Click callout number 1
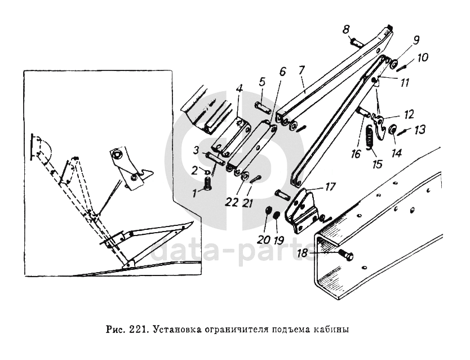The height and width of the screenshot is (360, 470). tap(196, 192)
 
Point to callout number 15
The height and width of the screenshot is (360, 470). tap(377, 165)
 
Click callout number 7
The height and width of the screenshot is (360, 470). tap(301, 71)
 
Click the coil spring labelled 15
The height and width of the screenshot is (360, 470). tap(370, 138)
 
